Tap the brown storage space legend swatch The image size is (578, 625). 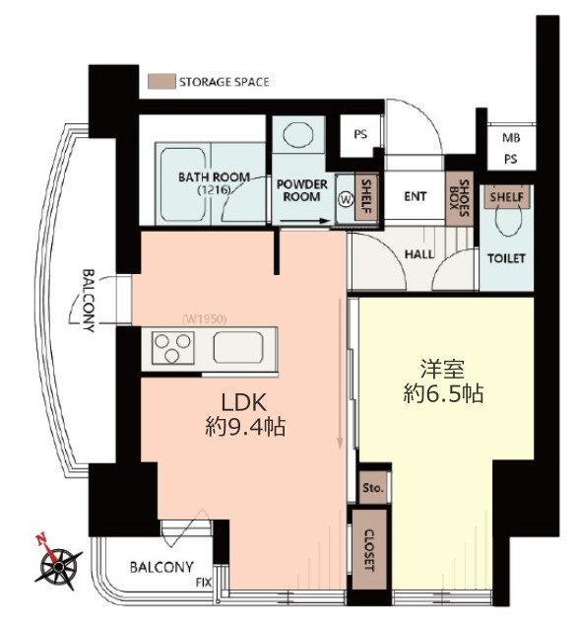point(161,81)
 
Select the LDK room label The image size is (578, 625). point(243,402)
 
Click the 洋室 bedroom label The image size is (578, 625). point(443,370)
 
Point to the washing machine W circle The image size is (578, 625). point(347,199)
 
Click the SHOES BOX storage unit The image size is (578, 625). point(460,199)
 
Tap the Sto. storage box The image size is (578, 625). point(373,488)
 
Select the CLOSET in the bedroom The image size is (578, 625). point(370,550)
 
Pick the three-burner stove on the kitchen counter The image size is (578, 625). point(172,348)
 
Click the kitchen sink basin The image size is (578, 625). point(238,347)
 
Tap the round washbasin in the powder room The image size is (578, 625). point(298,134)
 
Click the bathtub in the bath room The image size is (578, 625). point(183,184)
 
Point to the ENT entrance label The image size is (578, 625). point(416,196)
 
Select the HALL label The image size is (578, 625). point(419,254)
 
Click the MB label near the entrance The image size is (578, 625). point(511,138)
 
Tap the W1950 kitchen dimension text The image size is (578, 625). point(205,319)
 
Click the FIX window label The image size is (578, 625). point(204,583)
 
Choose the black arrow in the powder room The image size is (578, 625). point(304,221)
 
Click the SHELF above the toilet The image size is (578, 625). point(507,197)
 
